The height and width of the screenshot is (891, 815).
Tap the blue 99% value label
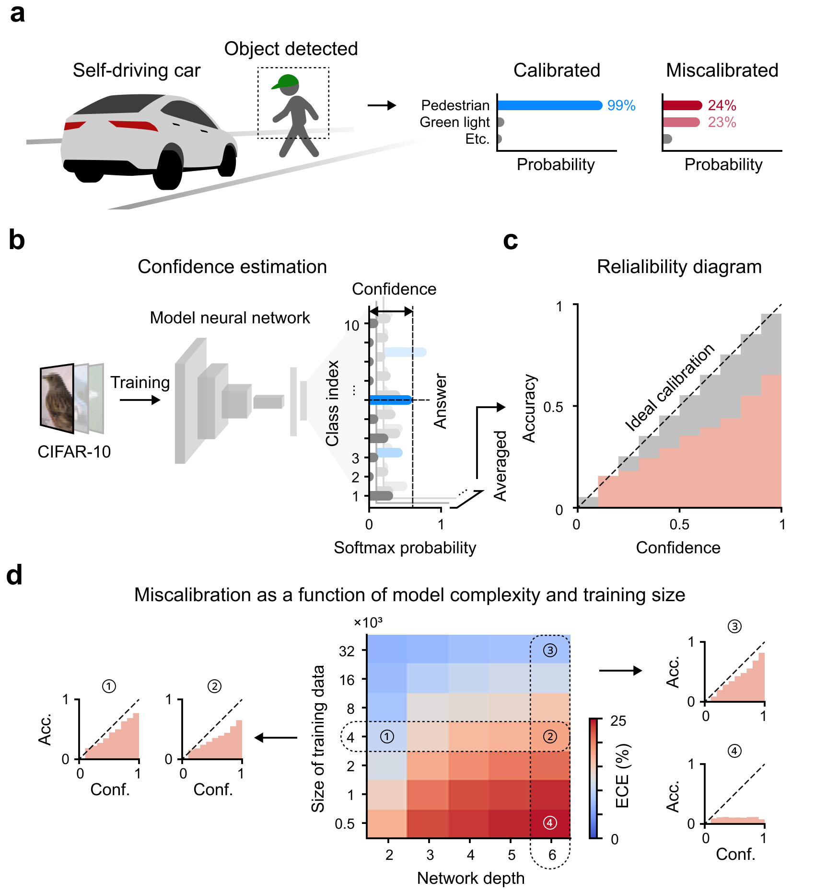[x=621, y=105]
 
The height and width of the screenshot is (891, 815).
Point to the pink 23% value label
[x=722, y=123]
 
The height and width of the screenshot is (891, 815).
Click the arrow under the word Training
[x=140, y=400]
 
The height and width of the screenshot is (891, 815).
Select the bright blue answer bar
[x=391, y=400]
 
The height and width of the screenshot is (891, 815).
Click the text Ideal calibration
[x=669, y=388]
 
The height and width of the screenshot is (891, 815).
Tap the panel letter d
[x=14, y=575]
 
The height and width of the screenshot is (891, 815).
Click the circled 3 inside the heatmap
[x=550, y=651]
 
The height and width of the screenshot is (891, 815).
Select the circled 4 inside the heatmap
[x=550, y=823]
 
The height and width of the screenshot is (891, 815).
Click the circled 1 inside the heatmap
[x=387, y=737]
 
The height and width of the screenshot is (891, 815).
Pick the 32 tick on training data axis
[x=347, y=651]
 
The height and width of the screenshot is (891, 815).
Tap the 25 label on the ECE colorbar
[x=618, y=721]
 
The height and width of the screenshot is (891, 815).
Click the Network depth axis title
[x=470, y=878]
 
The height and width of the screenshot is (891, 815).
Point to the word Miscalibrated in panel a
[x=722, y=70]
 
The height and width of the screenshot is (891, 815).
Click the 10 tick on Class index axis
[x=351, y=326]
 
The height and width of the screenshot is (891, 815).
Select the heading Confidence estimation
[x=232, y=267]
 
